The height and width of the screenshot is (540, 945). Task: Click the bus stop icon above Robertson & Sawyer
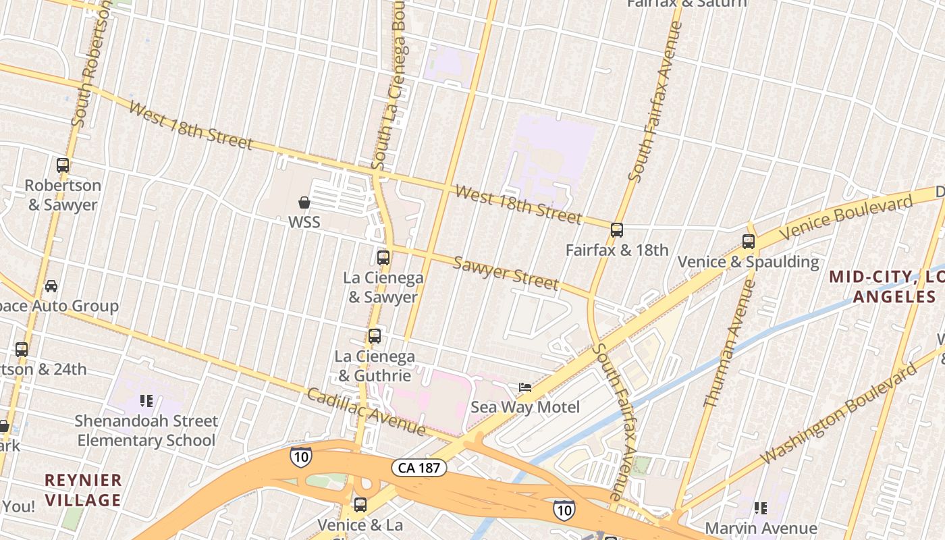(x=63, y=165)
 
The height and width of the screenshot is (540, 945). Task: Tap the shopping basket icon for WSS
(x=304, y=202)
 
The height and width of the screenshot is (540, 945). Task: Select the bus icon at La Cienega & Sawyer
(x=383, y=257)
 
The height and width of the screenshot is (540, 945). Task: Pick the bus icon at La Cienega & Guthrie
(x=375, y=335)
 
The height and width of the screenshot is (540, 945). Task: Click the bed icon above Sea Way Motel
(x=524, y=387)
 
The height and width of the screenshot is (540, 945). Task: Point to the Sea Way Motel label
(x=524, y=407)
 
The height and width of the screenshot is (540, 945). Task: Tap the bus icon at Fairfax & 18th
(x=617, y=230)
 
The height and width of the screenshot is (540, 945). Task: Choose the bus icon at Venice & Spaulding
(x=748, y=241)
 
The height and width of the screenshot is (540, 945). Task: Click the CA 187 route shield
(x=419, y=467)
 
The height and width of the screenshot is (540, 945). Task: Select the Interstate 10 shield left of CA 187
(x=301, y=456)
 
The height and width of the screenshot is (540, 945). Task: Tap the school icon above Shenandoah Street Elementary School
(x=146, y=401)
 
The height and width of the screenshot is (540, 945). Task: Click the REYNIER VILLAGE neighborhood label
(x=83, y=490)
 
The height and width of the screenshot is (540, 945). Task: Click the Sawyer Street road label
(x=506, y=272)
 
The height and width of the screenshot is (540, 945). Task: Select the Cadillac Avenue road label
(x=367, y=412)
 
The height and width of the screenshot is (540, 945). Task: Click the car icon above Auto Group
(x=51, y=286)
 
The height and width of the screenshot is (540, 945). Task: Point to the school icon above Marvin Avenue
(x=761, y=508)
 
